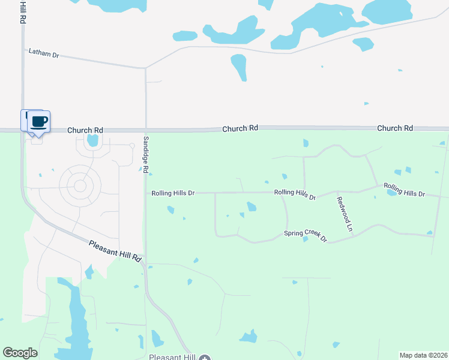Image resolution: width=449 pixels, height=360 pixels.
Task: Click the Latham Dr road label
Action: pos(44,53)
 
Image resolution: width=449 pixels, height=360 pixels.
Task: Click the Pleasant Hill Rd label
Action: pos(115,251)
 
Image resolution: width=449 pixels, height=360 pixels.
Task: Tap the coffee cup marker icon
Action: pos(39,122)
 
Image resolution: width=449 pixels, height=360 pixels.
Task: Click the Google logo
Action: pos(20,353)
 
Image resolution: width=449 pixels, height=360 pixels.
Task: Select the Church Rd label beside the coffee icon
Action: pos(85,130)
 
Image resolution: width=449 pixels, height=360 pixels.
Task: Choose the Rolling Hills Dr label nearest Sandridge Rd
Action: pos(173,193)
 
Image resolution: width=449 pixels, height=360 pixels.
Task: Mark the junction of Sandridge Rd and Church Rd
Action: pos(145,129)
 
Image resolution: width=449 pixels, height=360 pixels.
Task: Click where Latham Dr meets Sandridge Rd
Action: pos(145,68)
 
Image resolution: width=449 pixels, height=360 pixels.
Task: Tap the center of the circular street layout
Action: pos(79,185)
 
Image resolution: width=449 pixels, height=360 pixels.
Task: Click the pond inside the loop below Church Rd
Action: pos(92,141)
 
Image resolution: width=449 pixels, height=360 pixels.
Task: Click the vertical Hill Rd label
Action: pos(22,12)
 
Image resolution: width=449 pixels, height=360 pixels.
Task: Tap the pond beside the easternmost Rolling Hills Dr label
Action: pos(392,192)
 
